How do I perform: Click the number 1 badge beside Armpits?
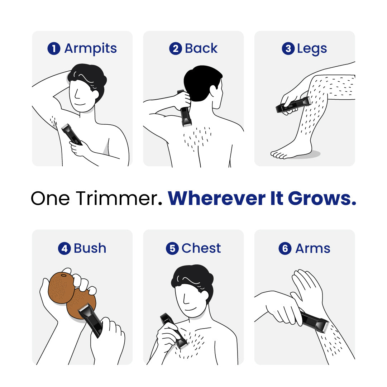[x=53, y=49]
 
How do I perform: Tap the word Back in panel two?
[x=201, y=49]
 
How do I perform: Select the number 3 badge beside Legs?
[x=288, y=49]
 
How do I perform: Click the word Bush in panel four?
[x=90, y=248]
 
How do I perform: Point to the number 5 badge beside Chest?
[x=172, y=248]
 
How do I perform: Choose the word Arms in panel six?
[x=312, y=248]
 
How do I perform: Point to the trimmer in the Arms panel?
[x=314, y=321]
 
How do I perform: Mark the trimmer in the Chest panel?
[x=173, y=330]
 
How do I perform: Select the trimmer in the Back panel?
[x=185, y=113]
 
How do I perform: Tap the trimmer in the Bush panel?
[x=90, y=319]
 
